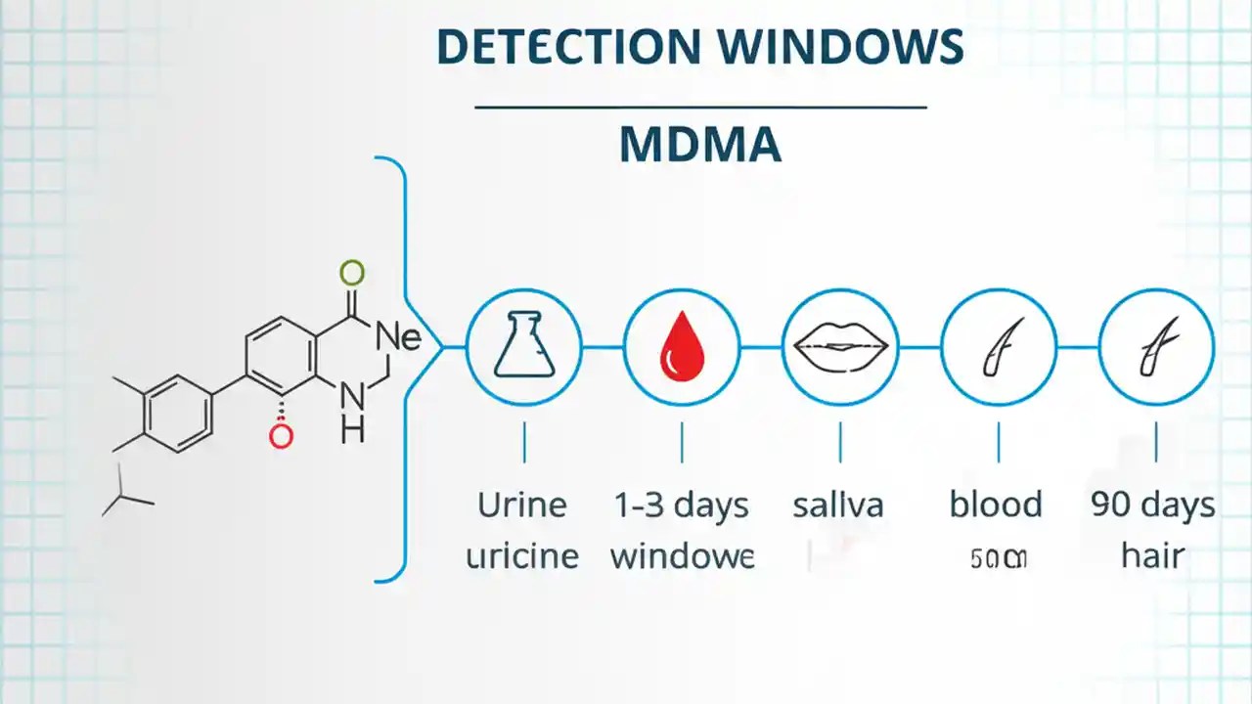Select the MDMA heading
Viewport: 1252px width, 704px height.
point(700,145)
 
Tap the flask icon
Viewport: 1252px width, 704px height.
point(523,346)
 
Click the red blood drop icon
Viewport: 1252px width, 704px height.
point(682,347)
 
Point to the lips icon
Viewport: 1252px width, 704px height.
point(840,346)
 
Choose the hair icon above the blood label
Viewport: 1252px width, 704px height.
point(999,346)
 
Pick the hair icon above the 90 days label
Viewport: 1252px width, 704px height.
point(1157,346)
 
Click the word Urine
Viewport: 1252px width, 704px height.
point(522,506)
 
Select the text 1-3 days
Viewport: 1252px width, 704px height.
point(682,506)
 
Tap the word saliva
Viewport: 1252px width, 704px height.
point(838,506)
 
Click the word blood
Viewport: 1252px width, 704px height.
point(996,506)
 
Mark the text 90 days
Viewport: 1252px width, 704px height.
point(1153,506)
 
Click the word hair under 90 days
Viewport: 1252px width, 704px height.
point(1153,556)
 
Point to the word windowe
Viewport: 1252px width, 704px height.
point(682,556)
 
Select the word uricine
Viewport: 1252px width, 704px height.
point(522,556)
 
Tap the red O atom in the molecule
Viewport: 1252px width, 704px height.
point(281,436)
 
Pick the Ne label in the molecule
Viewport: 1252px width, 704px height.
point(398,337)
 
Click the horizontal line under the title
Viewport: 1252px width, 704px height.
point(700,107)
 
